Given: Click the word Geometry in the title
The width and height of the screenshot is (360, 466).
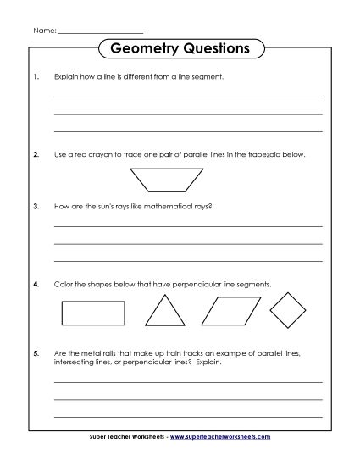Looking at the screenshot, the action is tap(144, 48).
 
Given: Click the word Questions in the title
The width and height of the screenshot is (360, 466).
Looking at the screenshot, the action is tap(214, 48).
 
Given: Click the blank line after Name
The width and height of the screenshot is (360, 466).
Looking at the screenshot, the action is tap(102, 31).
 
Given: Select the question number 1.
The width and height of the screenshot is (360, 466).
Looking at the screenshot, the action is tap(36, 76).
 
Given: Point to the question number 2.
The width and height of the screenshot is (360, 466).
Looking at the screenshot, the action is tap(36, 155).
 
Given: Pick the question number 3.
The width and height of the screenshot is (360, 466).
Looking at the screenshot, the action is tap(36, 205).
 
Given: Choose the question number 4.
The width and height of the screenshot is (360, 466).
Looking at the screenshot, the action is tap(36, 284).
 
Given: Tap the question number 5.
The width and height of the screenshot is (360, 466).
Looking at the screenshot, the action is tap(36, 350).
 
